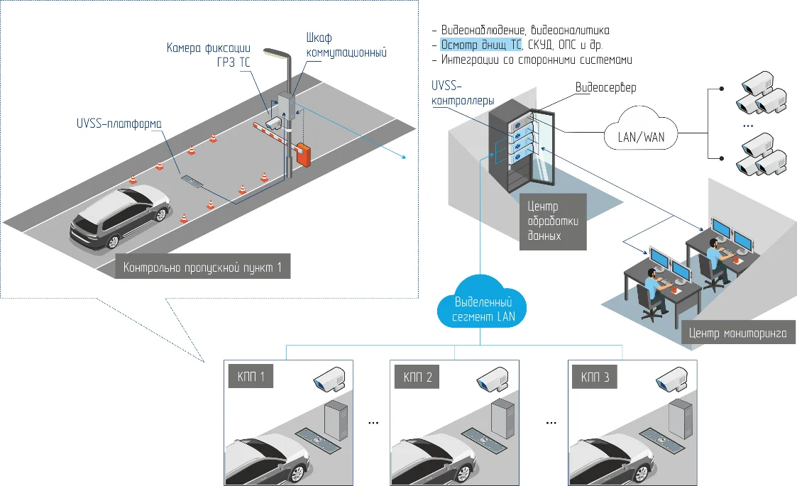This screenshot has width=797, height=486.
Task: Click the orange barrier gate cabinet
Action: point(304,155)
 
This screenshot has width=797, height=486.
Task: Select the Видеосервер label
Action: point(605,88)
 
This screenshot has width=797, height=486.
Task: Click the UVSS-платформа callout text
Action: point(119,123)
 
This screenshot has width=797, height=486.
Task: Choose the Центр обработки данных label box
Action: point(553,221)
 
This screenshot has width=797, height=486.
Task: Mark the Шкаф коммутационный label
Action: point(346,45)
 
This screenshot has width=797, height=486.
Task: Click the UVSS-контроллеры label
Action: point(462,93)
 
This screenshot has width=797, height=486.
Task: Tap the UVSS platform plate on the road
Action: point(192,181)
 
